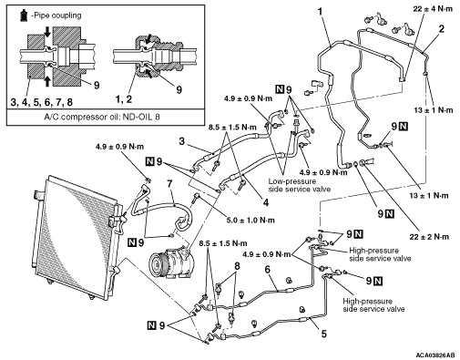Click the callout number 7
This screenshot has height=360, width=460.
point(169,184)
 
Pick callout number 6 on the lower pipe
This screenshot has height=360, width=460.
point(267,270)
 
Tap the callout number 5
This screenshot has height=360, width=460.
point(324,334)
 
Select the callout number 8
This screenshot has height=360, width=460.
point(237,266)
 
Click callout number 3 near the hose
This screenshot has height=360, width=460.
point(181,141)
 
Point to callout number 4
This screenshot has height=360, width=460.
point(266,202)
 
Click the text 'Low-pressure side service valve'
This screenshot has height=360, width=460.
point(299,185)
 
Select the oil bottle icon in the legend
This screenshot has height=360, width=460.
point(24,15)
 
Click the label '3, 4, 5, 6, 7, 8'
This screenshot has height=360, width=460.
point(42,102)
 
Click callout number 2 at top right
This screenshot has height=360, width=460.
point(441,29)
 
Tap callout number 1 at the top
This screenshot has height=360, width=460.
point(320,12)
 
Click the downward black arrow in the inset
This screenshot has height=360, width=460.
point(47,32)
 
